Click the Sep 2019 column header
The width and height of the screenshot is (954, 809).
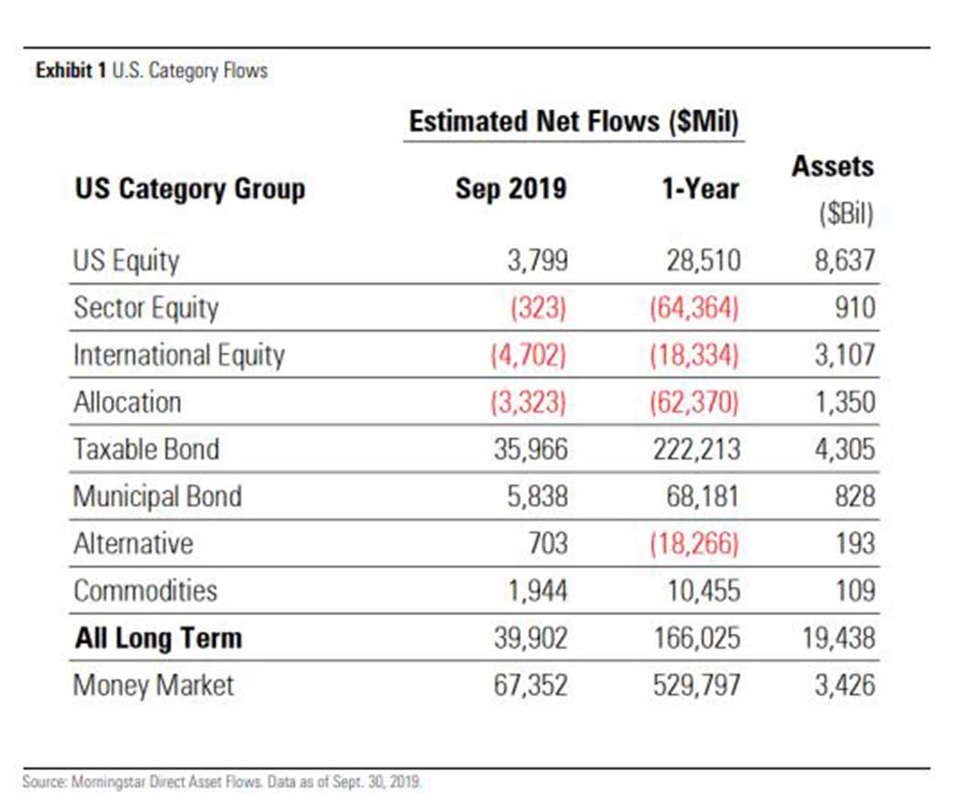point(510,188)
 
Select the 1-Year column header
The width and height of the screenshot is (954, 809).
point(700,188)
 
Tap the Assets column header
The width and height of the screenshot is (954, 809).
point(832,166)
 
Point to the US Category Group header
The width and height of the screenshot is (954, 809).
point(190,189)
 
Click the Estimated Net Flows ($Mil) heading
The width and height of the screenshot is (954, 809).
point(573,121)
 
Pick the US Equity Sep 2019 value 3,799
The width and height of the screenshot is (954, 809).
point(538,260)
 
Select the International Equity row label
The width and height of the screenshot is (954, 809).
point(179,355)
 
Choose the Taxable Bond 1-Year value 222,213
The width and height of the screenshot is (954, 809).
point(696,450)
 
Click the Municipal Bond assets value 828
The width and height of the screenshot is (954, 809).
point(855,497)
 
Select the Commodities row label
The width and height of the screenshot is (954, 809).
point(145,591)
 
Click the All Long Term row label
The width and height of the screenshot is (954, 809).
point(158,638)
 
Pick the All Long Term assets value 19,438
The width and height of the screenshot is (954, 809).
point(838,638)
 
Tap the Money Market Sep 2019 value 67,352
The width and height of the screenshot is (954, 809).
point(530,685)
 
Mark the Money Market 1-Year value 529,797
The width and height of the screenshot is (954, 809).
point(696,685)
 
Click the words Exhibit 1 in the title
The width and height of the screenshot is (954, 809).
point(72,71)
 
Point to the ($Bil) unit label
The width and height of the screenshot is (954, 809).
point(846,214)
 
